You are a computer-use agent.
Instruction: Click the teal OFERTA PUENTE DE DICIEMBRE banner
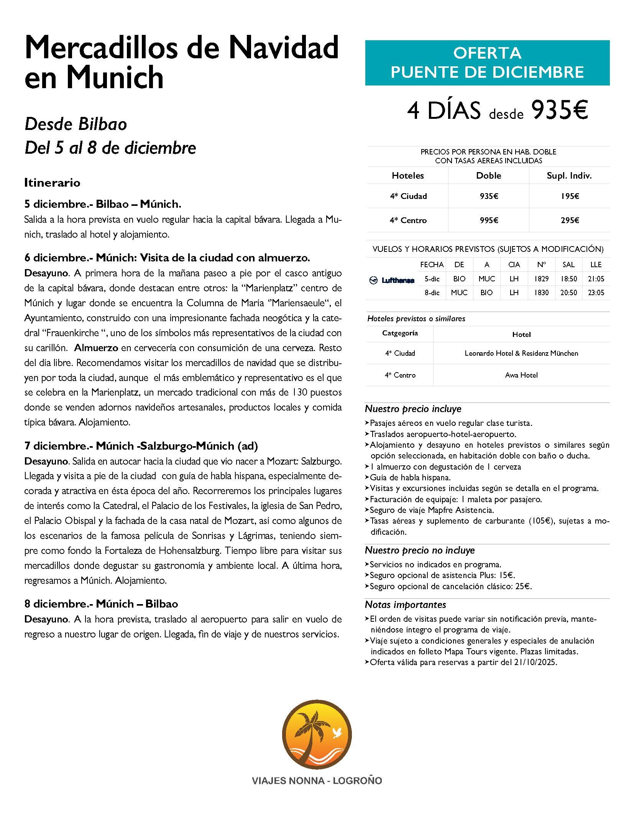tap(487, 62)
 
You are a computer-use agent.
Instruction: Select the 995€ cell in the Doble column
tap(489, 220)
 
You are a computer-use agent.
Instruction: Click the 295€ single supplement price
tap(570, 220)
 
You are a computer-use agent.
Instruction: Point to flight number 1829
tap(541, 279)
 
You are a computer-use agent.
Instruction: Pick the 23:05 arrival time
tap(596, 293)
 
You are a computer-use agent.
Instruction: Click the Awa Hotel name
tap(521, 375)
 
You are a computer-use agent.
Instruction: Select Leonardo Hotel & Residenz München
tap(521, 353)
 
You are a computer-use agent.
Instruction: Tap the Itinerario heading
tap(52, 183)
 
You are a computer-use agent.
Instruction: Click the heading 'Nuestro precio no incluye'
tap(420, 550)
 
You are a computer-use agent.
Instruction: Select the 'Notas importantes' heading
tap(406, 605)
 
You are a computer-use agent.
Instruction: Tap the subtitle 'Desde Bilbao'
tap(76, 124)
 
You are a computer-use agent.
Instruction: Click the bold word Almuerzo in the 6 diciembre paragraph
tap(96, 348)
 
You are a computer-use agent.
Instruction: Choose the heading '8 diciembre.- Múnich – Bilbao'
tap(101, 604)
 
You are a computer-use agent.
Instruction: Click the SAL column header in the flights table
tap(568, 264)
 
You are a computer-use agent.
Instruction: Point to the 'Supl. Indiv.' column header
tap(570, 176)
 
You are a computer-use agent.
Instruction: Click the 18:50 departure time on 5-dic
tap(568, 279)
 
